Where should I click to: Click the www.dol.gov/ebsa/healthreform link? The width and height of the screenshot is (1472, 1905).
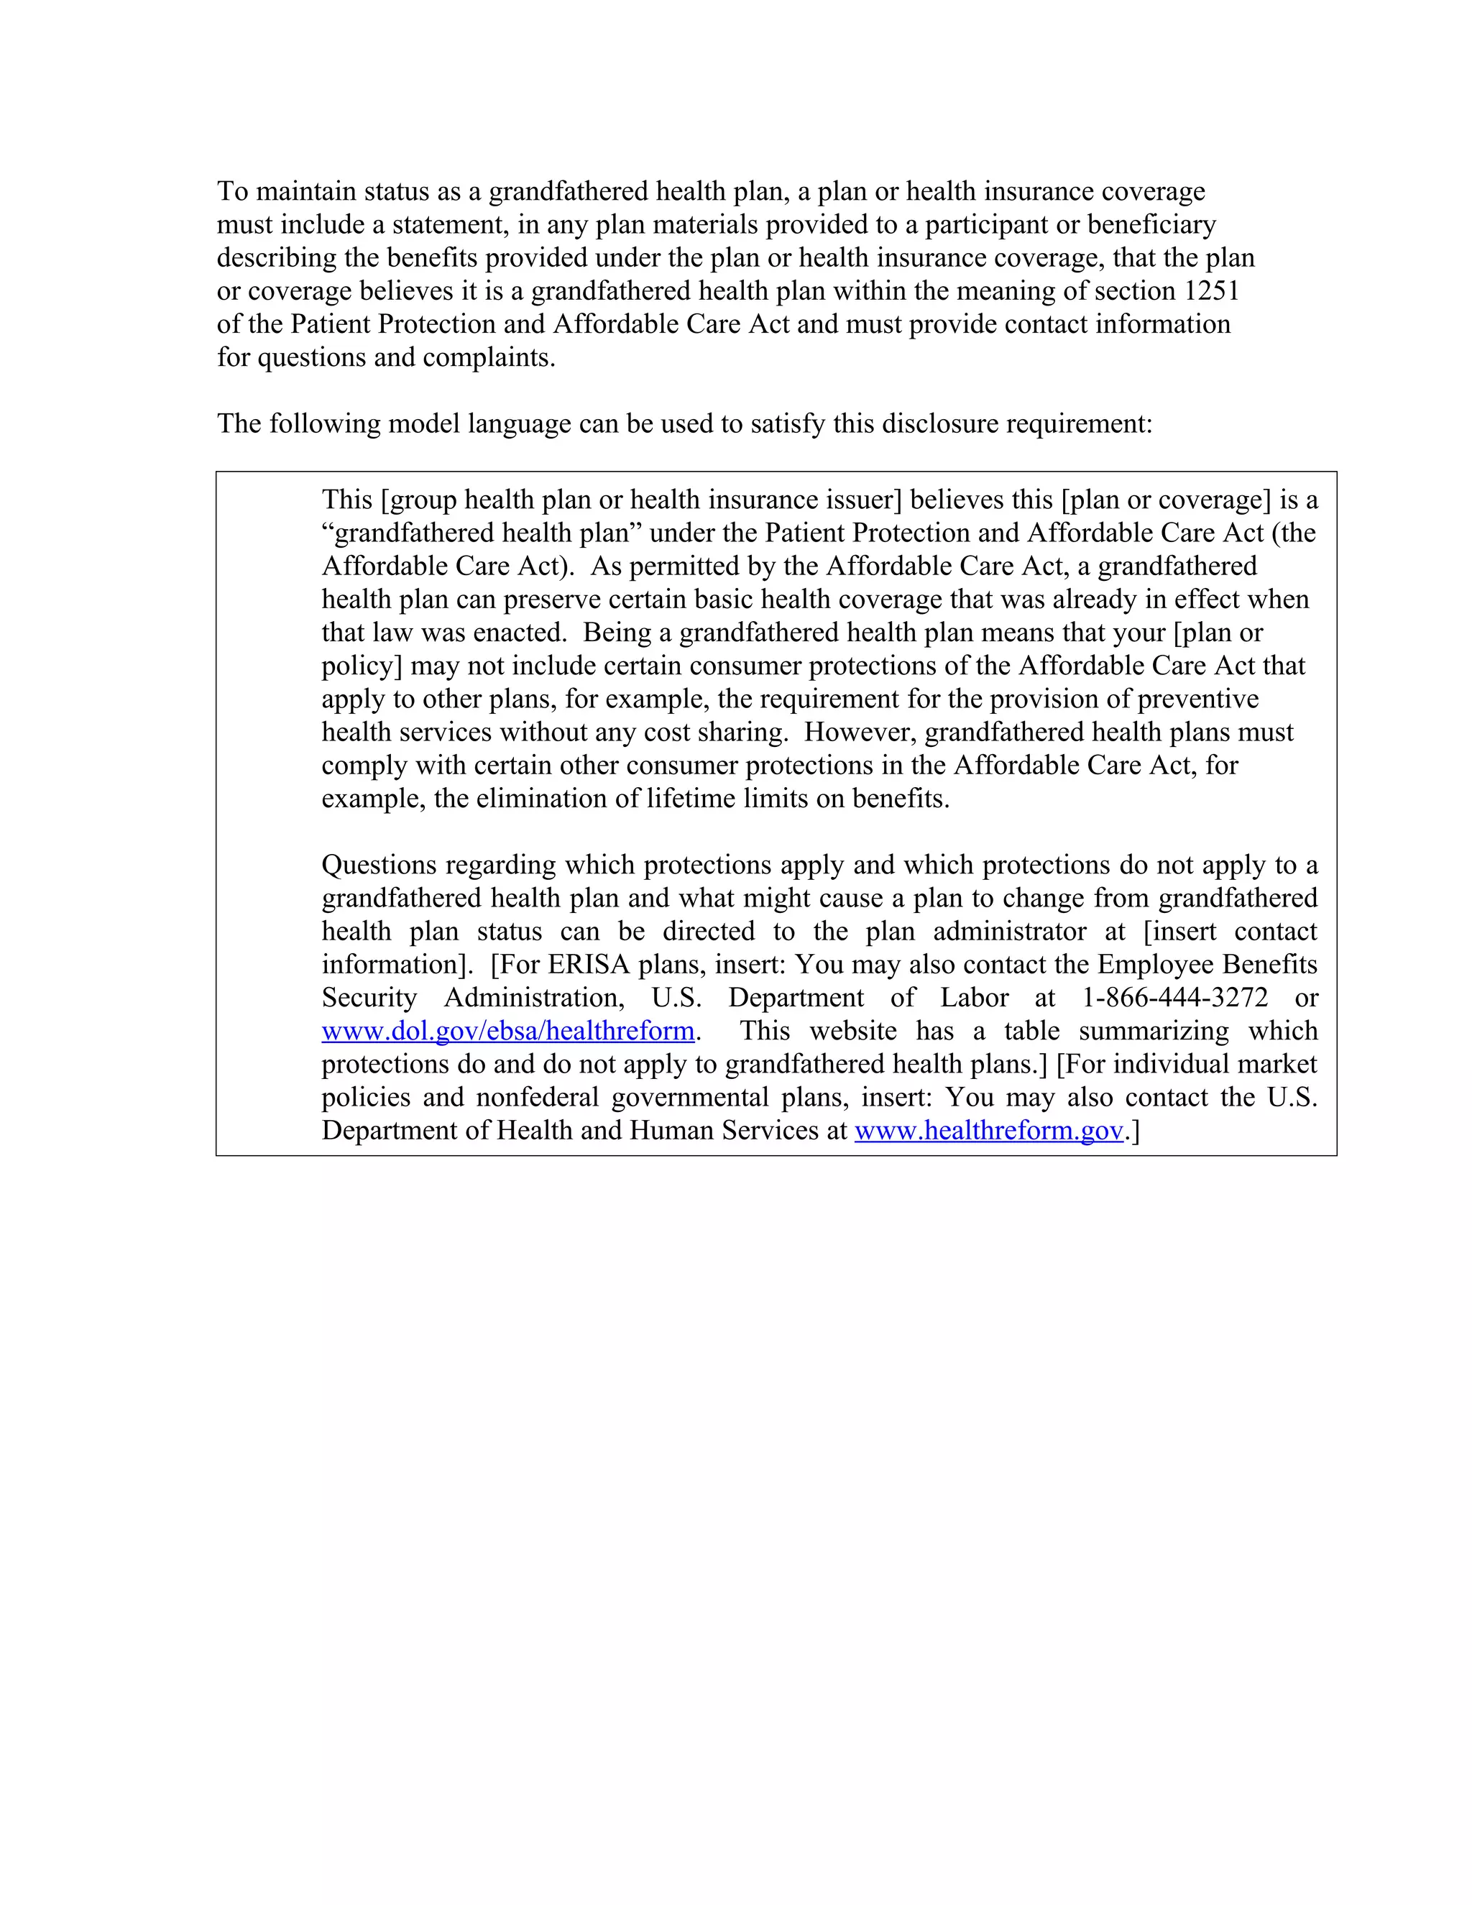click(x=507, y=1031)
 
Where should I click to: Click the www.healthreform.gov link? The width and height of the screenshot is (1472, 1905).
click(x=988, y=1131)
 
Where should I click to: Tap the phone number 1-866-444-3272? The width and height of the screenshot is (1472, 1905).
click(x=1174, y=998)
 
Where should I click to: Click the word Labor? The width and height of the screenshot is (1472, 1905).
click(x=974, y=998)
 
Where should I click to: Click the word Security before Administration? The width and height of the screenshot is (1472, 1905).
click(x=369, y=998)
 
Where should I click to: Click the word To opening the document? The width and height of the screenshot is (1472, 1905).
click(x=232, y=191)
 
